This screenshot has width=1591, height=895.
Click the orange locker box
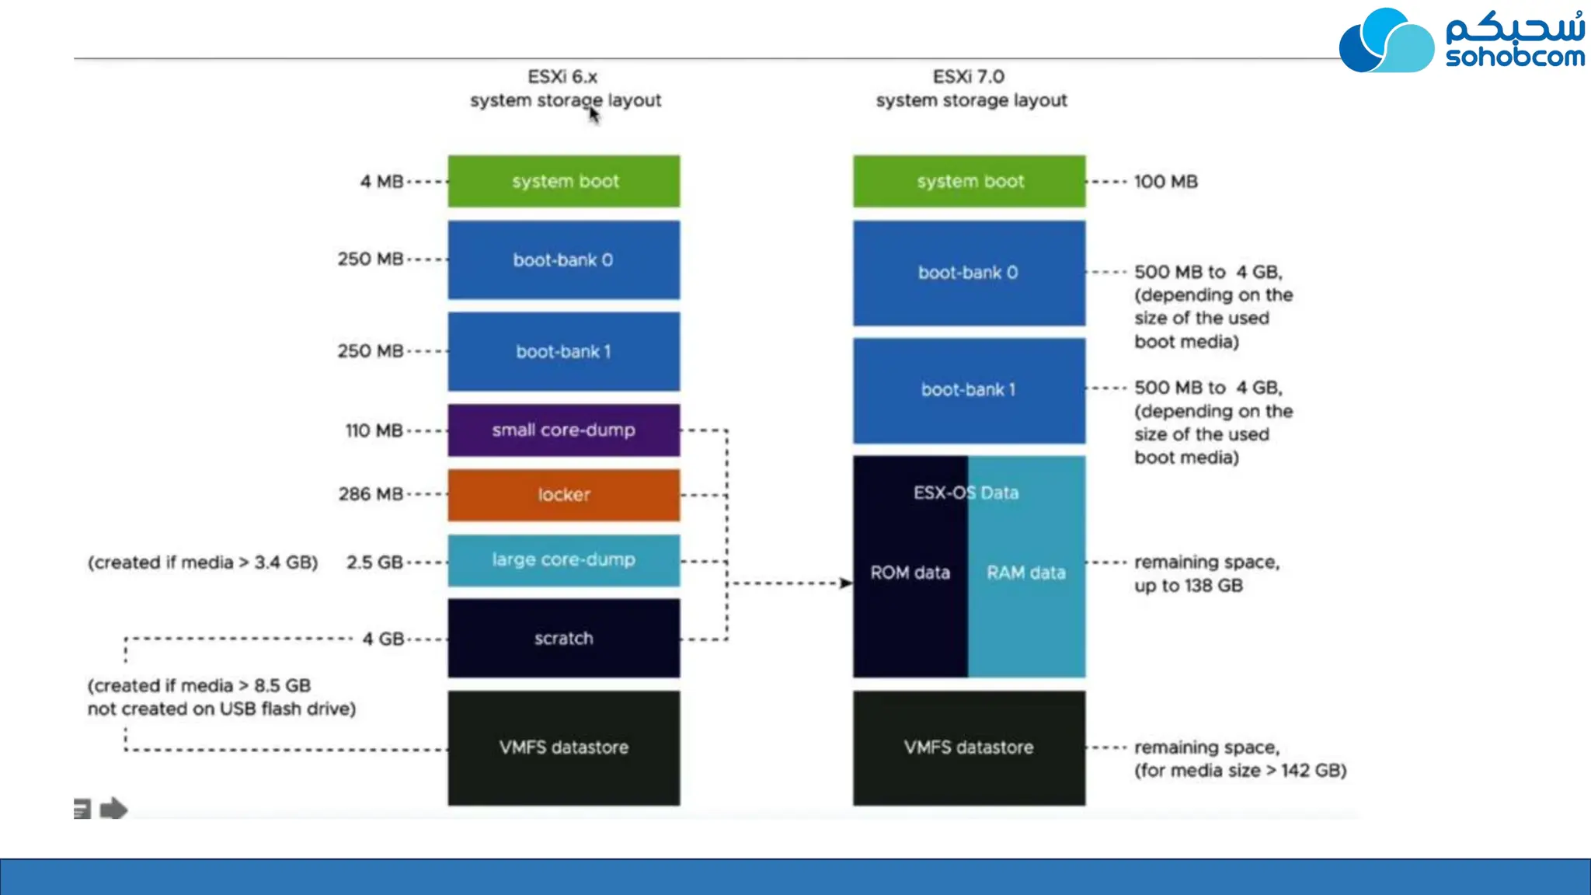(x=563, y=495)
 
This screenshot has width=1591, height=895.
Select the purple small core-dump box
(x=563, y=430)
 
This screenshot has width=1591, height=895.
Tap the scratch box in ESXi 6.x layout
(x=563, y=638)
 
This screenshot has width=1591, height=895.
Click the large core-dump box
(x=563, y=560)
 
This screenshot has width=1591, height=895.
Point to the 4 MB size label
(x=381, y=182)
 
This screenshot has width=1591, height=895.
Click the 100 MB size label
(x=1165, y=182)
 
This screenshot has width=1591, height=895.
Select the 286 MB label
(x=371, y=494)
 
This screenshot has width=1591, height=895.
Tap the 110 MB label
(x=374, y=430)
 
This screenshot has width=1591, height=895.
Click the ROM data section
(x=910, y=573)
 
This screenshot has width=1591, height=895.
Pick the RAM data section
(x=1026, y=573)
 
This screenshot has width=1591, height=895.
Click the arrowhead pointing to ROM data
(x=845, y=583)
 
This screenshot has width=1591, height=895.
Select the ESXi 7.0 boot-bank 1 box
(x=969, y=390)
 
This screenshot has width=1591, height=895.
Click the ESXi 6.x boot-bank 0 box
(x=563, y=260)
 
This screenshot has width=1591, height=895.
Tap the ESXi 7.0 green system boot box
(x=969, y=182)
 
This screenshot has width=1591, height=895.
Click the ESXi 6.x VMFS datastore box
(x=563, y=747)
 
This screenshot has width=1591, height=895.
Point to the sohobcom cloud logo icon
(x=1386, y=41)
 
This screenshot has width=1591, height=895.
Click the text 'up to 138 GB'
(x=1188, y=586)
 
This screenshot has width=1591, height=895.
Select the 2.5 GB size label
(x=374, y=562)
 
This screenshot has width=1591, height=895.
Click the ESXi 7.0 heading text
(x=968, y=77)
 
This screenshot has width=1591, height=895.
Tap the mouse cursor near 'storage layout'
(x=594, y=115)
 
